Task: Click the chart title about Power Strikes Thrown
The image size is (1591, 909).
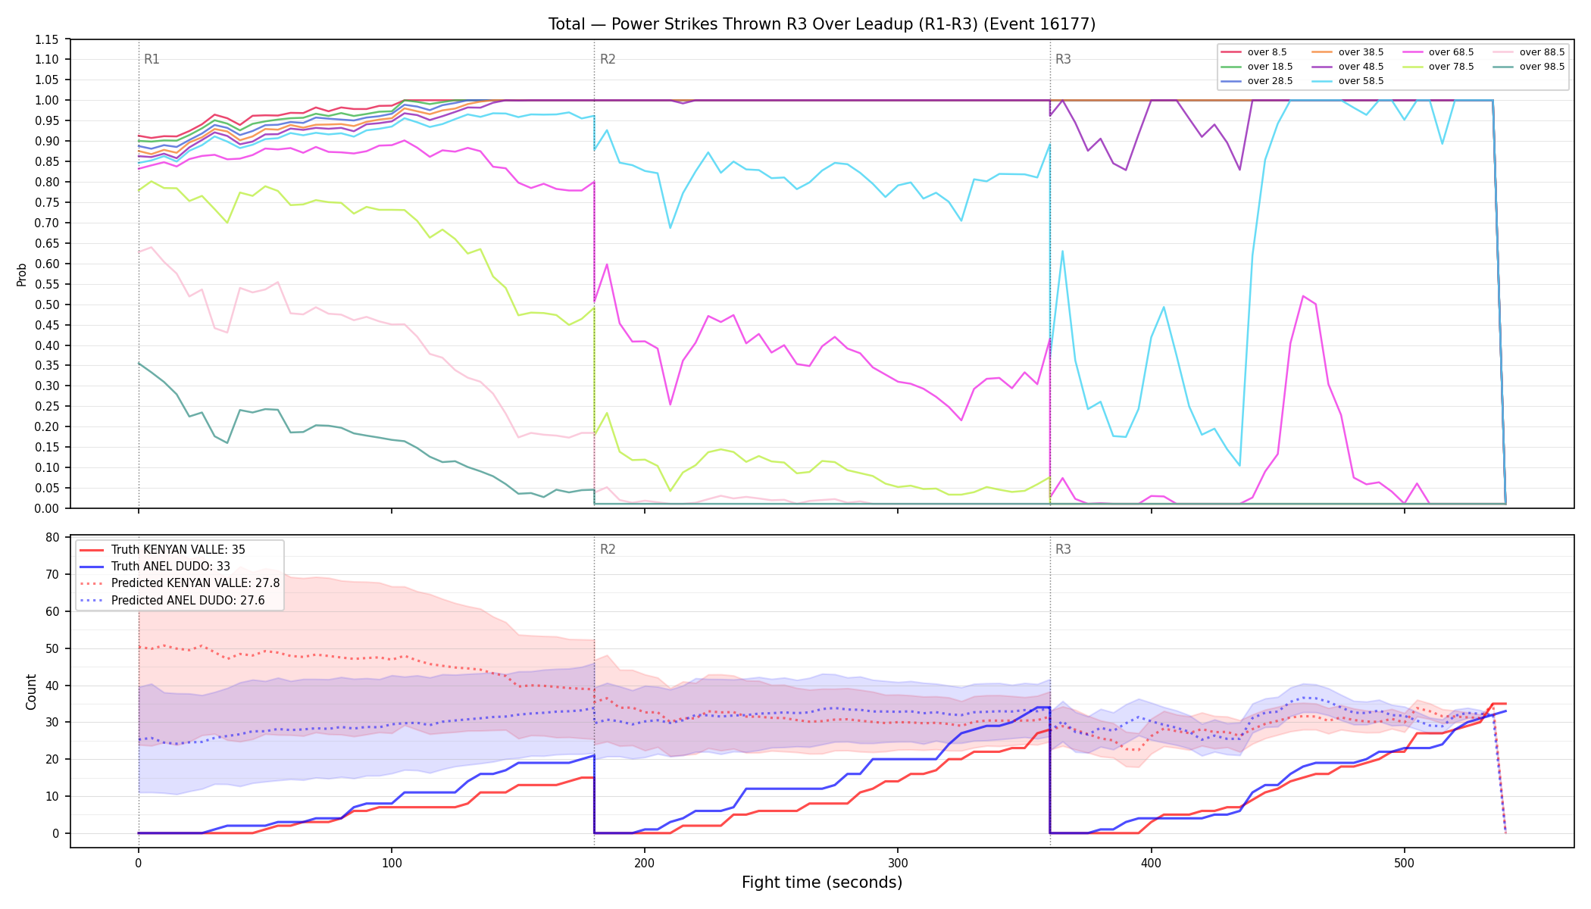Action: coord(822,24)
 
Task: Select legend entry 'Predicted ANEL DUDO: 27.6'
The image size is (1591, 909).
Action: coord(180,601)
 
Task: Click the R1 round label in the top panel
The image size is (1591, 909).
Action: coord(152,59)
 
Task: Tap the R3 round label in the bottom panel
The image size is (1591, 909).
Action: coord(1063,549)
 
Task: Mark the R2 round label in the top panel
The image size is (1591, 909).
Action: coord(608,59)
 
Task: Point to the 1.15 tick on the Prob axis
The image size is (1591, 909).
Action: coord(47,39)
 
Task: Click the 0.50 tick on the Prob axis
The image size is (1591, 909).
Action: coord(47,305)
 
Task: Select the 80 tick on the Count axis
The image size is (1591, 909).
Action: coord(52,538)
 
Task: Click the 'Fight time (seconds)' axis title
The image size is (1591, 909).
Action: coord(822,882)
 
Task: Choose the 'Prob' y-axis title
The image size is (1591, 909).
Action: coord(22,274)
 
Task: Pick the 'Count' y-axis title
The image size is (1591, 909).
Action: coord(31,692)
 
